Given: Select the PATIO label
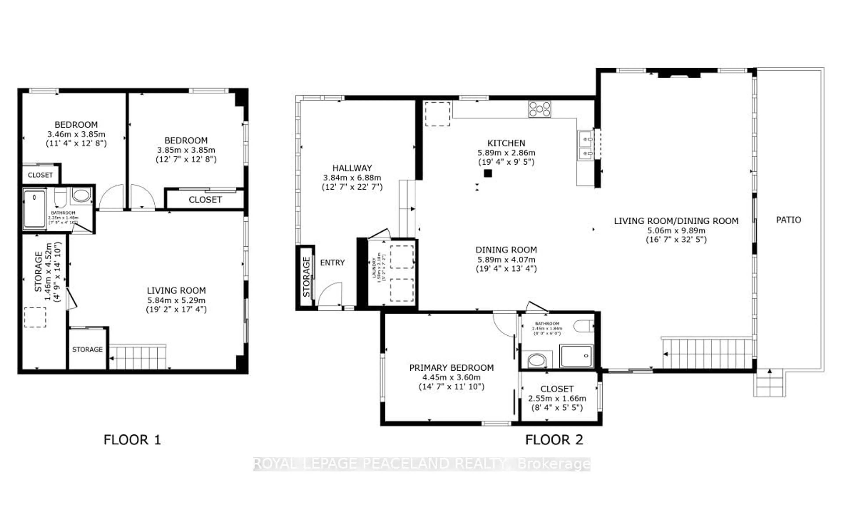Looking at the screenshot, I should tap(788, 220).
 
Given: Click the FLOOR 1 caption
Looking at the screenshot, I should tap(132, 440).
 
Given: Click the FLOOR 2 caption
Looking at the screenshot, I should tap(554, 440).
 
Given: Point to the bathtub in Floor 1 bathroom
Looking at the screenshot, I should tap(34, 209).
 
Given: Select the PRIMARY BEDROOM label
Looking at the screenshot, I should tap(451, 368).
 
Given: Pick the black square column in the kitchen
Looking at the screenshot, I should tap(488, 173).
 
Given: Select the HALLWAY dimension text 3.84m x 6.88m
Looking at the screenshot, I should tap(352, 178).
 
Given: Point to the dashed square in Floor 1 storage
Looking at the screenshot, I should tap(35, 317).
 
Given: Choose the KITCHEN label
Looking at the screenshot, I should tap(506, 143).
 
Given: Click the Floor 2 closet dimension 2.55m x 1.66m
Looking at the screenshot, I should tap(557, 398).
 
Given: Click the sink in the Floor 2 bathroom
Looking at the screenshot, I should tap(537, 360).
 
